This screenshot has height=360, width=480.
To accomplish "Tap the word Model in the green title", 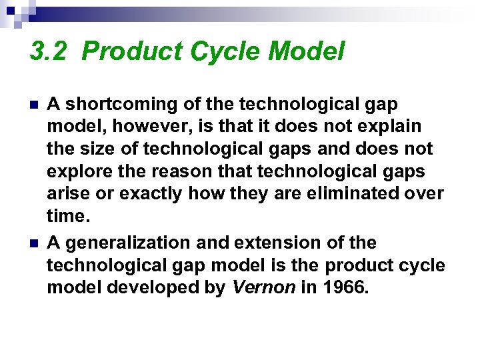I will point(312,51).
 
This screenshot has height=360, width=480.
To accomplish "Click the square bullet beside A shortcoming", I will point(34,105).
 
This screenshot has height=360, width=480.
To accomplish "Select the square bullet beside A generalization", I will point(34,243).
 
